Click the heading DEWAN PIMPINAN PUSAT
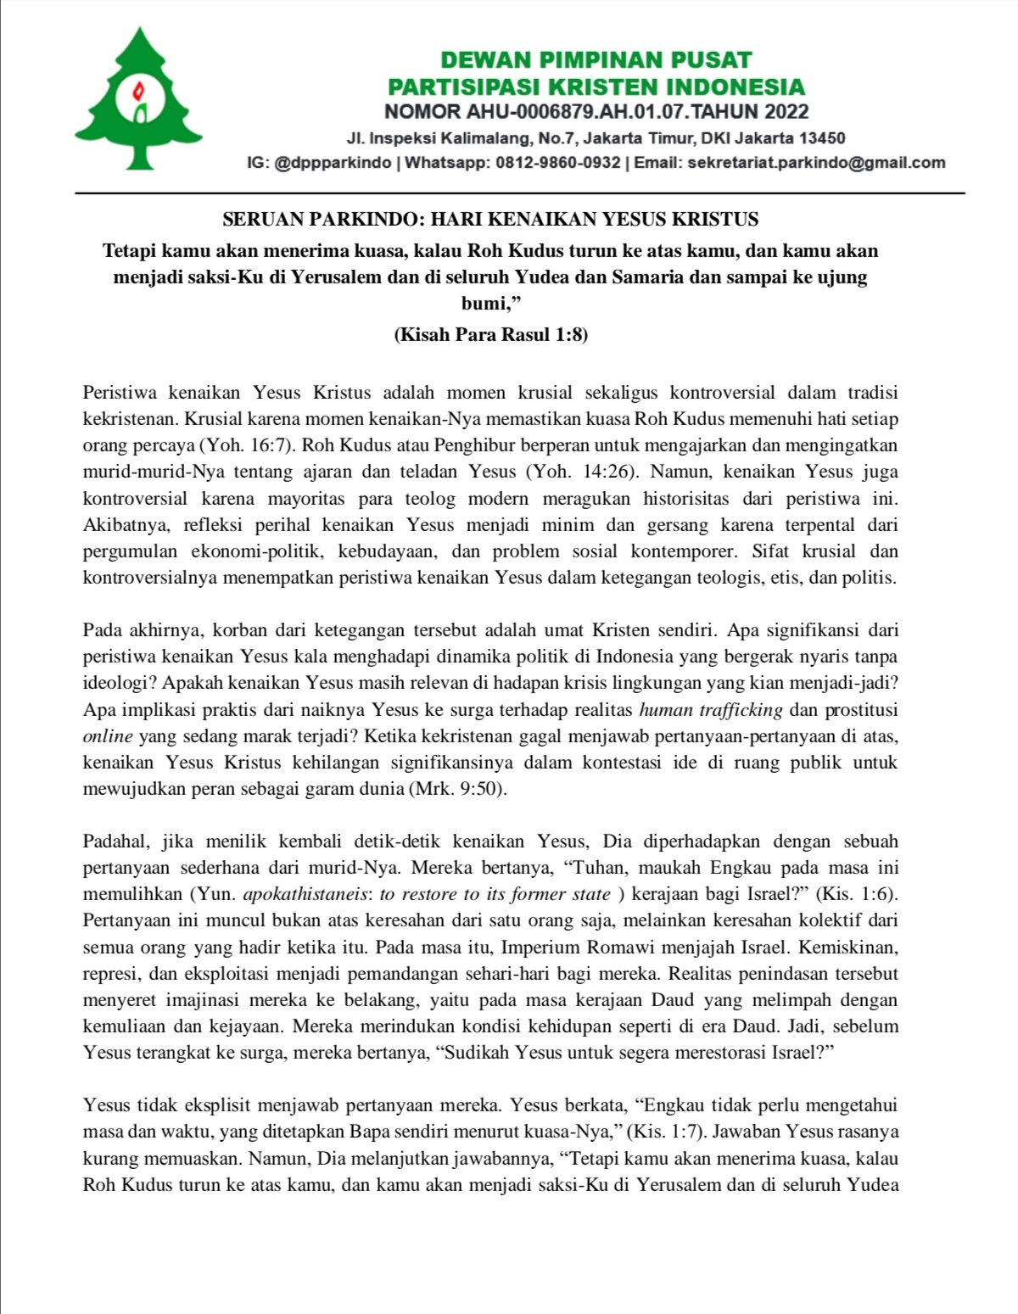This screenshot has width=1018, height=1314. pyautogui.click(x=596, y=60)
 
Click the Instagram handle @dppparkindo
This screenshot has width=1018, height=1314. pyautogui.click(x=333, y=163)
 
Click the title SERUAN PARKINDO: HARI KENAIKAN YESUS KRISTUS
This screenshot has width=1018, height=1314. pyautogui.click(x=490, y=221)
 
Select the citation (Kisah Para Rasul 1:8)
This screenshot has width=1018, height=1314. pyautogui.click(x=490, y=335)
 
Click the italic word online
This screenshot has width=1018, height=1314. pyautogui.click(x=108, y=735)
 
